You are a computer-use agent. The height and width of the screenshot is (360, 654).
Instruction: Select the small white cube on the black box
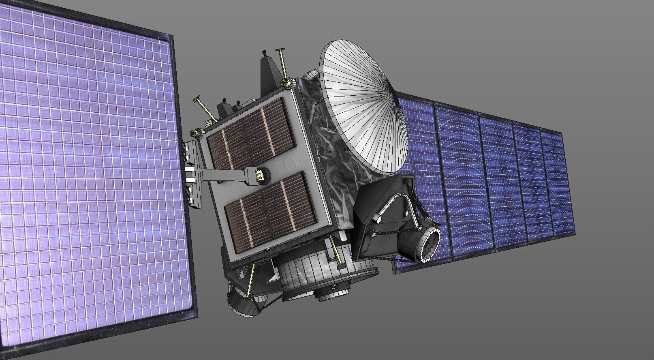pos(376,219)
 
